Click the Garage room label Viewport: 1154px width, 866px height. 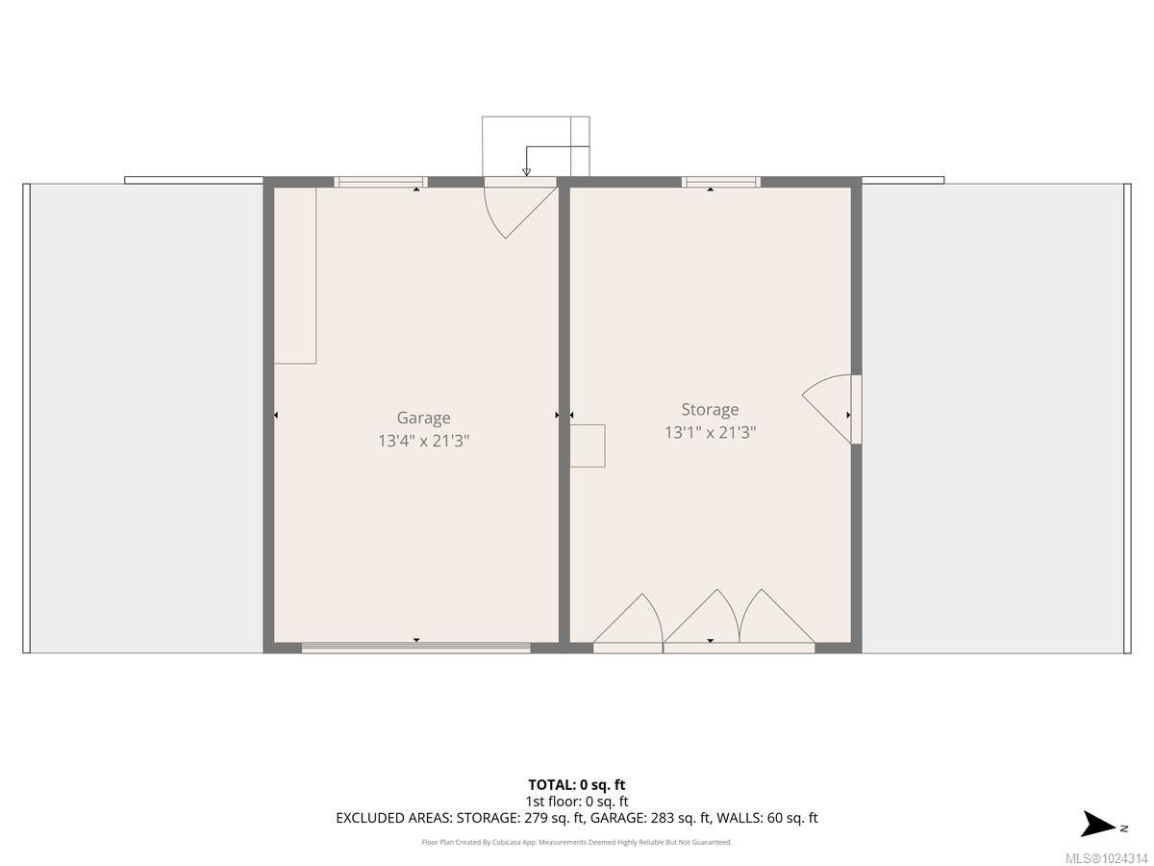point(423,418)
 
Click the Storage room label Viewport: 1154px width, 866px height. point(710,409)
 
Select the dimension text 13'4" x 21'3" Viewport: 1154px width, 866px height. point(423,442)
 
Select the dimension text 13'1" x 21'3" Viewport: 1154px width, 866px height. point(710,432)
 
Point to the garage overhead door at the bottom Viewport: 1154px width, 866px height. point(415,648)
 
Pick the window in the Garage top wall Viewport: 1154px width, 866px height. point(380,182)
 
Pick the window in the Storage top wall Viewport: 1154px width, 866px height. point(721,182)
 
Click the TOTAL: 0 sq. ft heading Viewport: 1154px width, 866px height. point(576,784)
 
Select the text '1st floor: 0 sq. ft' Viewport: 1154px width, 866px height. point(576,801)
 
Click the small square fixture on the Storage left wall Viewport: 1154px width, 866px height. point(587,446)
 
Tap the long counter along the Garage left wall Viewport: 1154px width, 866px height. point(295,275)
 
